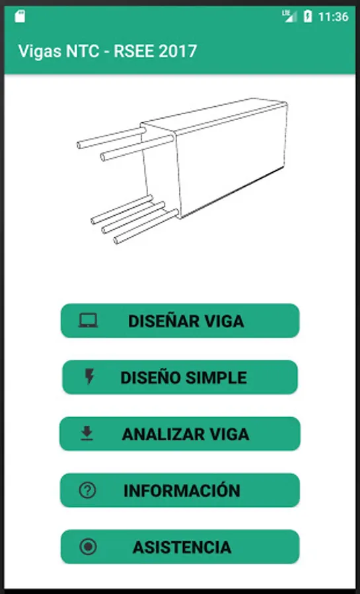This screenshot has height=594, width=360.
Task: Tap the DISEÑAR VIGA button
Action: [x=180, y=321]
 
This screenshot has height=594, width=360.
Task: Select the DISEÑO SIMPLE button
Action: [x=180, y=377]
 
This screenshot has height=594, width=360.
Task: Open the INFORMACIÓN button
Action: [x=180, y=490]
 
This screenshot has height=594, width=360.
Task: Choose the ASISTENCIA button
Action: [x=180, y=546]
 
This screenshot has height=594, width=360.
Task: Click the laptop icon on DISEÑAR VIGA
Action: [x=88, y=321]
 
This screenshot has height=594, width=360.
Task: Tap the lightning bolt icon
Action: [x=89, y=377]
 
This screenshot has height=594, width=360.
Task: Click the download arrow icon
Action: [x=87, y=434]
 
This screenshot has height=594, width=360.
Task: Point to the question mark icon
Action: [x=88, y=490]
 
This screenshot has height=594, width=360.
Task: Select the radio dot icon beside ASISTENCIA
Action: [x=88, y=546]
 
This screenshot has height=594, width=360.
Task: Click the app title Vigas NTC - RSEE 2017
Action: [x=108, y=51]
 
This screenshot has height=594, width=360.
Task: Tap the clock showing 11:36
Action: [x=333, y=16]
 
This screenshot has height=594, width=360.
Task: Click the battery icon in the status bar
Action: [x=308, y=16]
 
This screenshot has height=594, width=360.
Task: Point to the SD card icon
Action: [x=20, y=16]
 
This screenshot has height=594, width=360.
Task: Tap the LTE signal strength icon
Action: [x=289, y=16]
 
